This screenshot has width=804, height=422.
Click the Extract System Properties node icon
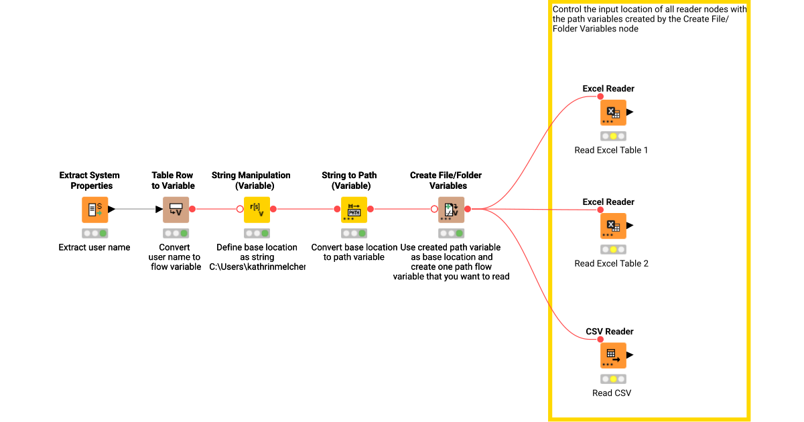coord(94,210)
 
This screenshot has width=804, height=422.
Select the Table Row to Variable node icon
coord(176,210)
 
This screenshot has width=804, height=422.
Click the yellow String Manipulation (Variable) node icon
coord(257,210)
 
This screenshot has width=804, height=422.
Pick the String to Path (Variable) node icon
coord(354,210)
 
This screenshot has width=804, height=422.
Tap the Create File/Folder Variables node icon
coord(451,210)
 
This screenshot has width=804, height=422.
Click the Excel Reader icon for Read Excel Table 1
coord(612,113)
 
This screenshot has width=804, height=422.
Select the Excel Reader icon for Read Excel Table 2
coord(612,226)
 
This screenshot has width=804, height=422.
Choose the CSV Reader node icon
coord(612,356)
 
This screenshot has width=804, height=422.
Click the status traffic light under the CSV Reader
coord(613,379)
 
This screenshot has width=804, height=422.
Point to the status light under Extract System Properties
coord(94,234)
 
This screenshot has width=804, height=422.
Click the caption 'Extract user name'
coord(94,247)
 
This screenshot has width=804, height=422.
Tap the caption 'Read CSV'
coord(611,393)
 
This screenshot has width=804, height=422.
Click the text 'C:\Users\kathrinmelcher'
coord(257,267)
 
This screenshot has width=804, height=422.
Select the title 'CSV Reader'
coord(610,332)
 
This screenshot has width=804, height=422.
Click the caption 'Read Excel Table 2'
coord(611,263)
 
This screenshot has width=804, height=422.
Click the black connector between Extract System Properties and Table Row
coord(138,209)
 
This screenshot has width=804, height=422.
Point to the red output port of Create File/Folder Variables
coord(468,209)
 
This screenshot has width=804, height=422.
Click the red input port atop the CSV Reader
coord(600,340)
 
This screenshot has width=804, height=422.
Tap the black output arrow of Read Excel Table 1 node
coord(630,112)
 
